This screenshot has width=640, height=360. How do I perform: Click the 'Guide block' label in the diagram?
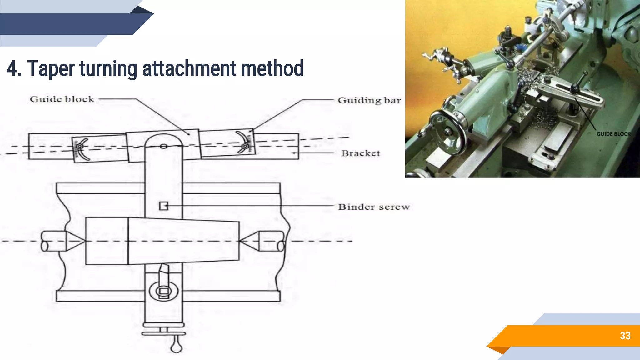pos(62,99)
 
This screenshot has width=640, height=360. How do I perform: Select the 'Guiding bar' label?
pos(369,100)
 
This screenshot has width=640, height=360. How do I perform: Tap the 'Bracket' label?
pos(361,153)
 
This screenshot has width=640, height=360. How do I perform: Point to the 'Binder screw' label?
pos(374,207)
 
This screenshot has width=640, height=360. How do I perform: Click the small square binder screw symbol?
pos(164,206)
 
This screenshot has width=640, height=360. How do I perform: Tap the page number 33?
pos(625,336)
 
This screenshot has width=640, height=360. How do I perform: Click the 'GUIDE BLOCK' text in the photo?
pos(613,134)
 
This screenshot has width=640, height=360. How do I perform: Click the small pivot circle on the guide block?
pos(163,146)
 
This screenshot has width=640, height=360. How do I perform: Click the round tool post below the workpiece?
pos(164,291)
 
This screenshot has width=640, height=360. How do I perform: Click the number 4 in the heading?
pos(12,69)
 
